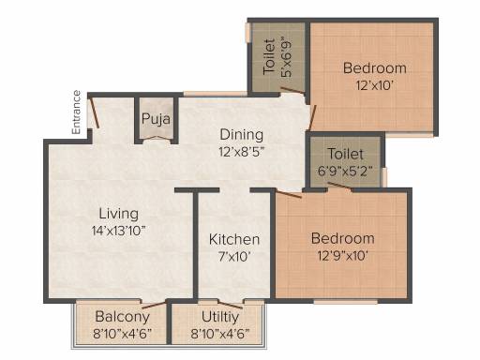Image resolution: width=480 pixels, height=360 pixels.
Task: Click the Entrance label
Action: pyautogui.click(x=77, y=112)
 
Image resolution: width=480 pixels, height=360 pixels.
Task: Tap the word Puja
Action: pyautogui.click(x=156, y=119)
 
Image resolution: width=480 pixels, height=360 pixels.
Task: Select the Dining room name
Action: pyautogui.click(x=242, y=135)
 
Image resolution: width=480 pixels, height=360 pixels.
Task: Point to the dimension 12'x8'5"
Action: pyautogui.click(x=242, y=152)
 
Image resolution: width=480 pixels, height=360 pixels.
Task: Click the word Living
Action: pyautogui.click(x=119, y=214)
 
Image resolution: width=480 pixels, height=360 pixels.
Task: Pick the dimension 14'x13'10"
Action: pyautogui.click(x=119, y=231)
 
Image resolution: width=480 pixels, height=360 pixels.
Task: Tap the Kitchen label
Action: pyautogui.click(x=234, y=239)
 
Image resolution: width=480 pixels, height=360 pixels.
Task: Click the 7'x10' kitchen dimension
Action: pyautogui.click(x=234, y=257)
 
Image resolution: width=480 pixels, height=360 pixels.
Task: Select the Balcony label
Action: pyautogui.click(x=123, y=317)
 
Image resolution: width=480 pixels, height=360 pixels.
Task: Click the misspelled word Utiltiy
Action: pyautogui.click(x=220, y=317)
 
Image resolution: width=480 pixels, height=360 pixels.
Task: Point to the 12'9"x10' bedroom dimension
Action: pyautogui.click(x=342, y=256)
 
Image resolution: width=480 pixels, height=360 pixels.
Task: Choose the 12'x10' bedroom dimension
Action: pyautogui.click(x=374, y=85)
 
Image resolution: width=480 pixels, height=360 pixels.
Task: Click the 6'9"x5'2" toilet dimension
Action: pyautogui.click(x=345, y=172)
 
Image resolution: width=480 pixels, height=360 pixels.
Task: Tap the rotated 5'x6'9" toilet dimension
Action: pyautogui.click(x=286, y=57)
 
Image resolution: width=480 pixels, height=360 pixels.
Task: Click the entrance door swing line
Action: pyautogui.click(x=94, y=112)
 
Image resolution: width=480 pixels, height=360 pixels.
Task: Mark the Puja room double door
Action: pyautogui.click(x=157, y=139)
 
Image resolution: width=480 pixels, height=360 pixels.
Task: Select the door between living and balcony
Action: pyautogui.click(x=153, y=306)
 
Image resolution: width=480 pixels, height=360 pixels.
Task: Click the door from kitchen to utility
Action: pyautogui.click(x=230, y=305)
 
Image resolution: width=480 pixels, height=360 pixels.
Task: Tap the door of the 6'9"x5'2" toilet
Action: pyautogui.click(x=339, y=186)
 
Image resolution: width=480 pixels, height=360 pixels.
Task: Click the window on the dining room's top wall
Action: pyautogui.click(x=216, y=94)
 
